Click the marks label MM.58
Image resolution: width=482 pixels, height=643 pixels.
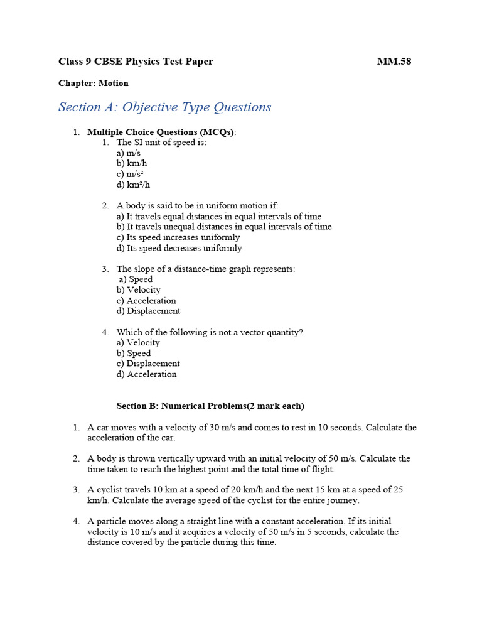394,62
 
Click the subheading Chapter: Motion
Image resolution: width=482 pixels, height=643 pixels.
94,83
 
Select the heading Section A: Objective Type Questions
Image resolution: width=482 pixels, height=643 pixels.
164,107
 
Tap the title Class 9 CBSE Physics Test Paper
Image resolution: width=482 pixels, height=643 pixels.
136,62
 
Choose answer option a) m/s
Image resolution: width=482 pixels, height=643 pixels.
129,153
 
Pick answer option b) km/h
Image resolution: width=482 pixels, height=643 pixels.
132,164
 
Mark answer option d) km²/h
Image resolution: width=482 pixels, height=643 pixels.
133,185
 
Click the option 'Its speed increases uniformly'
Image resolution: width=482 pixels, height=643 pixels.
178,237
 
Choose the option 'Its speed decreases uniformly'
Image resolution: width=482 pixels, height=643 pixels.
179,248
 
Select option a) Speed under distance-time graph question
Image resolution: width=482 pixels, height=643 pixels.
136,279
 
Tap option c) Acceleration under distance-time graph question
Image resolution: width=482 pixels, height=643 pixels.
146,301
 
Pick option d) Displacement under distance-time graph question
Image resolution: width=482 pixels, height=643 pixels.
148,311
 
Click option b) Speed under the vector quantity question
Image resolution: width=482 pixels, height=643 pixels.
134,354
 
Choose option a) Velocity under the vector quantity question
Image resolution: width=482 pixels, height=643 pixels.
138,343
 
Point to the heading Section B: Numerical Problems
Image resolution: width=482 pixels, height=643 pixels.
210,406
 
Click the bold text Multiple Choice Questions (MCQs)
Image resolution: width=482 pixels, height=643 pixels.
161,132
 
